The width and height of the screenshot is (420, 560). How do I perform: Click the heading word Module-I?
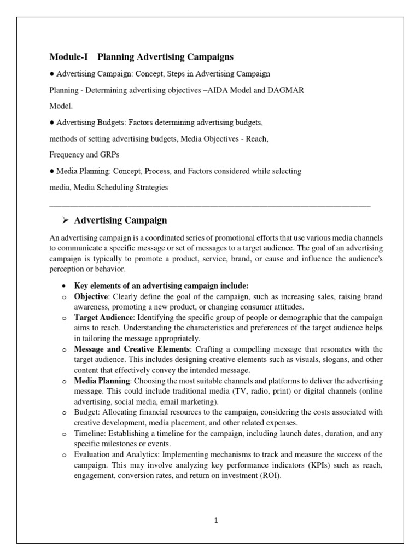pos(69,57)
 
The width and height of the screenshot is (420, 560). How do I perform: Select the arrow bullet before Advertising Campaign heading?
pos(65,220)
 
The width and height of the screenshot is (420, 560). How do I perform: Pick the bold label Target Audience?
pos(103,317)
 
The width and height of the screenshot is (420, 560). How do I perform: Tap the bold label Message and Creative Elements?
pos(132,349)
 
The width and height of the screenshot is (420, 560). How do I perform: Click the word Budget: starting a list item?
pos(87,412)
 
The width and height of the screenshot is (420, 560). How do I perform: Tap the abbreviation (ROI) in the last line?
pos(266,475)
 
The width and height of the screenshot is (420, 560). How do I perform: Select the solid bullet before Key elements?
pos(65,285)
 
